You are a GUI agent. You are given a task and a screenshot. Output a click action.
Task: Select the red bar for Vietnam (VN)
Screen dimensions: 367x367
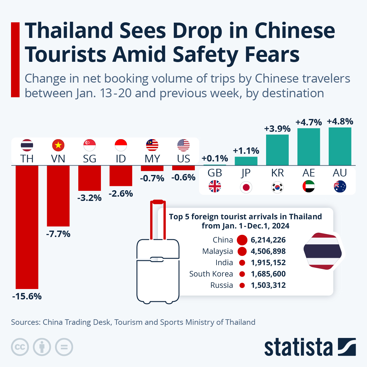click(58, 196)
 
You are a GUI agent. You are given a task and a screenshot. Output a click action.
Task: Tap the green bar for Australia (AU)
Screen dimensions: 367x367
click(340, 146)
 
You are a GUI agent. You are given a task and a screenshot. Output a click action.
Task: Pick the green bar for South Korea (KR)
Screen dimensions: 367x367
click(277, 150)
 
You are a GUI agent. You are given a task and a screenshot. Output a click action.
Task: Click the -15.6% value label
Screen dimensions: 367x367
click(27, 296)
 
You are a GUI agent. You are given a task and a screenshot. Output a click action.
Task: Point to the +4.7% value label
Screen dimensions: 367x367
click(309, 122)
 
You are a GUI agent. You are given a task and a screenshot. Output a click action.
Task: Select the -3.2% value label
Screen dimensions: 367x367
click(89, 198)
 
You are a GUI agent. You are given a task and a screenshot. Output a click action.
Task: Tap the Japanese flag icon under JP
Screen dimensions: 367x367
click(246, 187)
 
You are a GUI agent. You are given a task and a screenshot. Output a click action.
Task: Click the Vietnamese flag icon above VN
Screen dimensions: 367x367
click(58, 145)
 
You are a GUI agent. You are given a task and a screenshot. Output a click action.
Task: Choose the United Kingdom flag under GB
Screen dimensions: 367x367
click(215, 186)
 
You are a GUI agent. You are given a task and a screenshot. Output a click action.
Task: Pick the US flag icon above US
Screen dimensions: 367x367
click(183, 145)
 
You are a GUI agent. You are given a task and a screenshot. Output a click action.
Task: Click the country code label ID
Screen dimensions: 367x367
click(121, 159)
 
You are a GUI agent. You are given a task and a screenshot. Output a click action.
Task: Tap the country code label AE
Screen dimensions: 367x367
click(309, 173)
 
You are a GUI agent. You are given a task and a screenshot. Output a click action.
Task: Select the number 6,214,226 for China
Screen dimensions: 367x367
click(268, 240)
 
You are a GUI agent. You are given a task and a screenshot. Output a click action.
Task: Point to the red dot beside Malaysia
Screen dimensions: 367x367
click(242, 251)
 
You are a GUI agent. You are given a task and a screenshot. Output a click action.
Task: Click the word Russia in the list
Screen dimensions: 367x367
click(222, 285)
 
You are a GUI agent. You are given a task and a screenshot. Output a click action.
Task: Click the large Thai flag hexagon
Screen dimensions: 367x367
click(323, 251)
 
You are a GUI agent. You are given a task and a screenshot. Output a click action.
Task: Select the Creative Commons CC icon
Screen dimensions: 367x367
click(20, 347)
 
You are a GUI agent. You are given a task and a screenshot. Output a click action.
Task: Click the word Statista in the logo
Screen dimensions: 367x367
click(298, 347)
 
